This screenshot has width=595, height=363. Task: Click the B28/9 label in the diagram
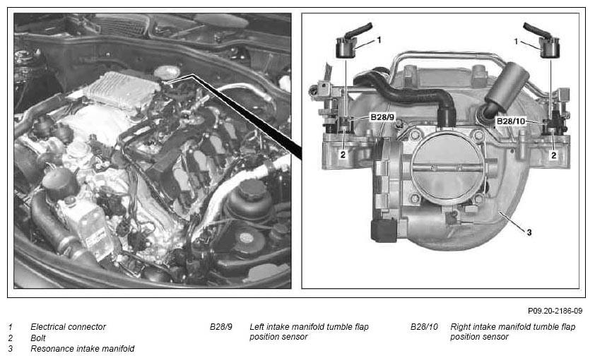pyautogui.click(x=382, y=117)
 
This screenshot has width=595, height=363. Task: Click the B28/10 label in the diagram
pyautogui.click(x=511, y=121)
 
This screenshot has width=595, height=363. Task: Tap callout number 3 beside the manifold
pyautogui.click(x=529, y=232)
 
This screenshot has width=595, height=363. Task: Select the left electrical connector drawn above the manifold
pyautogui.click(x=349, y=42)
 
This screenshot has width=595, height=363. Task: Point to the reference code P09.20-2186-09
pyautogui.click(x=555, y=311)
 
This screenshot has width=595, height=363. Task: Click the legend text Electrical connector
pyautogui.click(x=68, y=326)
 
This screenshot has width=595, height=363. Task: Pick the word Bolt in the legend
pyautogui.click(x=38, y=338)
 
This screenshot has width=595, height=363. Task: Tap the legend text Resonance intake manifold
pyautogui.click(x=83, y=349)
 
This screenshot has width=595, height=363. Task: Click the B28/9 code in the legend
pyautogui.click(x=221, y=326)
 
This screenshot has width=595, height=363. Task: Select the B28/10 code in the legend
pyautogui.click(x=424, y=326)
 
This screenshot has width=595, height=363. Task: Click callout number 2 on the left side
pyautogui.click(x=343, y=155)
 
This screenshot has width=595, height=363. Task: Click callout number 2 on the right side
pyautogui.click(x=553, y=155)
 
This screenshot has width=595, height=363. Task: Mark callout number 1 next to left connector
pyautogui.click(x=379, y=40)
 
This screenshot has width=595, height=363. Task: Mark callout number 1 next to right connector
pyautogui.click(x=516, y=41)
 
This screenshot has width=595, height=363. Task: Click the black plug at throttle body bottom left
pyautogui.click(x=384, y=230)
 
